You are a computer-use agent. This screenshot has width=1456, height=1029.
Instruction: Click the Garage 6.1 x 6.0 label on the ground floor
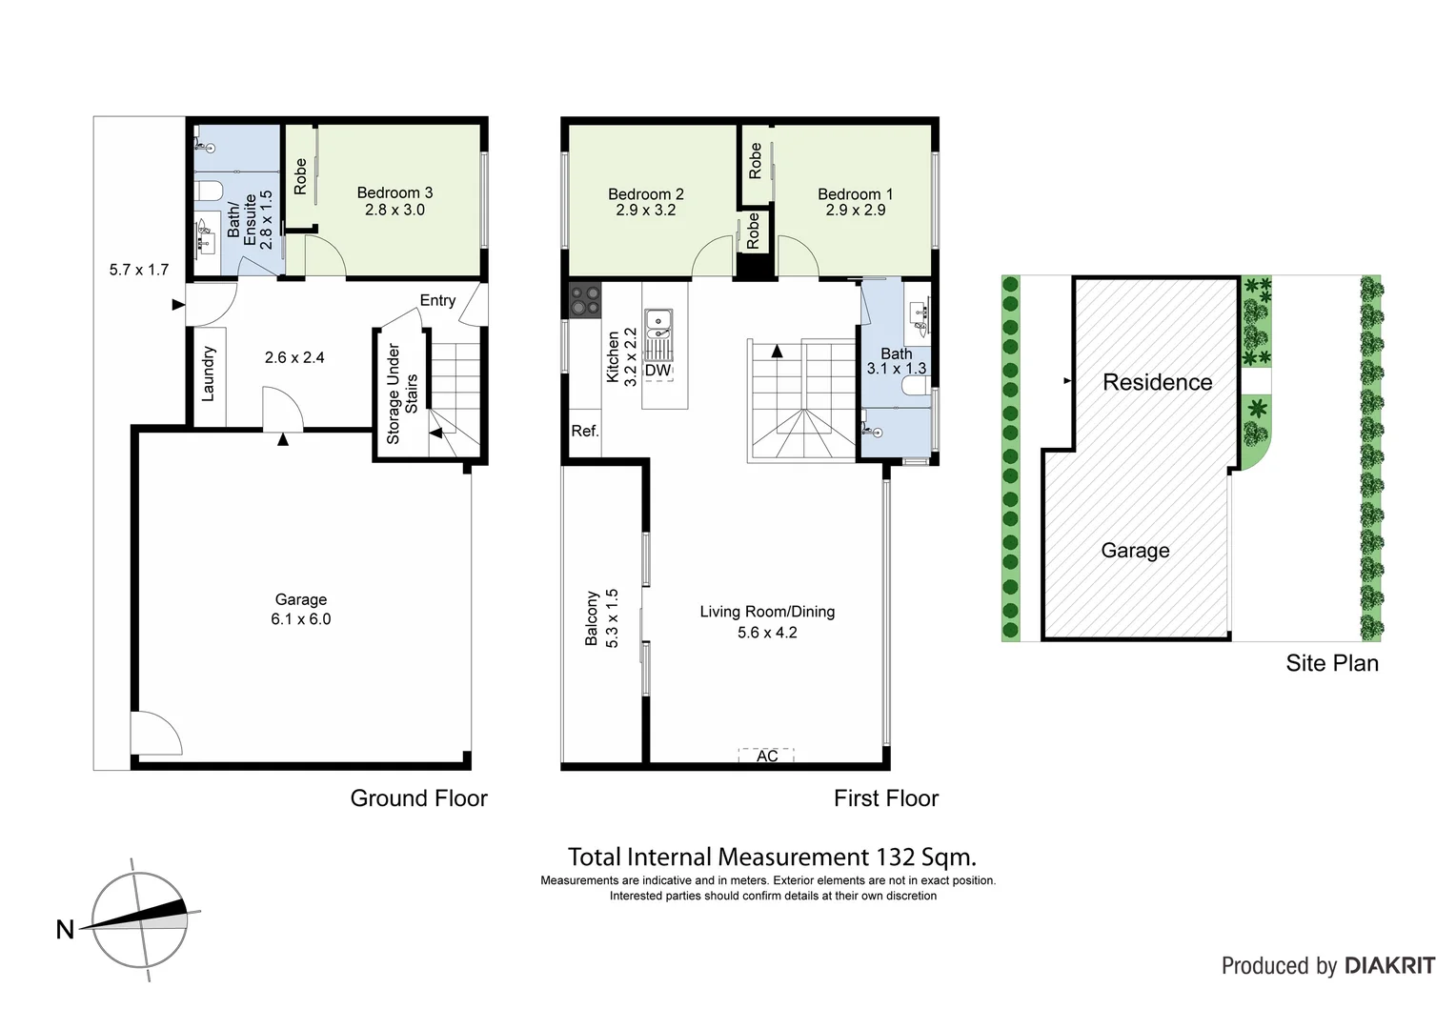point(301,609)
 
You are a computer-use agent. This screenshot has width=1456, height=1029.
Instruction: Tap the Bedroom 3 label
point(394,193)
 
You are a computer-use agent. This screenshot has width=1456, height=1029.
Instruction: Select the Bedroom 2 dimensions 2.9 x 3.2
point(645,211)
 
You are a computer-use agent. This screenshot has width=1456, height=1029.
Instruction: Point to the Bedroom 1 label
point(855,194)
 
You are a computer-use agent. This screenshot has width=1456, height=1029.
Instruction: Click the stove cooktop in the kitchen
point(586,301)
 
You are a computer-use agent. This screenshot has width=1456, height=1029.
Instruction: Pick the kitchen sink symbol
point(657,323)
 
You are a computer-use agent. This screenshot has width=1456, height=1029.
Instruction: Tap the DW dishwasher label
point(657,371)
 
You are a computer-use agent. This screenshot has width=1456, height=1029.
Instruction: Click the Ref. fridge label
point(584,432)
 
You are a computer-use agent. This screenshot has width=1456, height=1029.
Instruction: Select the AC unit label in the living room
point(767,756)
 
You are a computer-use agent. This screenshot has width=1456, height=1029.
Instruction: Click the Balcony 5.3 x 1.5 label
point(602,618)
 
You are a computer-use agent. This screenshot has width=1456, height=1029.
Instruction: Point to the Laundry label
point(209,373)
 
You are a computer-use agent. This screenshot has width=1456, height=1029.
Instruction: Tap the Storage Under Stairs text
point(402,393)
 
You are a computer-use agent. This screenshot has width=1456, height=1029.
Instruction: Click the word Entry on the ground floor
point(437,301)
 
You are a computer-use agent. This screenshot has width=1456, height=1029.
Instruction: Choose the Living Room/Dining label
point(767,612)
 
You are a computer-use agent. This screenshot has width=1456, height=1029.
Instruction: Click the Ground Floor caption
point(418,798)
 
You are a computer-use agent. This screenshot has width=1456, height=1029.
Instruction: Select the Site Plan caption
point(1331,663)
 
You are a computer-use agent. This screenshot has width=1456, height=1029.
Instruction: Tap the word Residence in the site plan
point(1157,382)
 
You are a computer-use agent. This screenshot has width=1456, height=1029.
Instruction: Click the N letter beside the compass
point(65,929)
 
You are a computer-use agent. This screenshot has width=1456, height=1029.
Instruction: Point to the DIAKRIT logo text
point(1389,966)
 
